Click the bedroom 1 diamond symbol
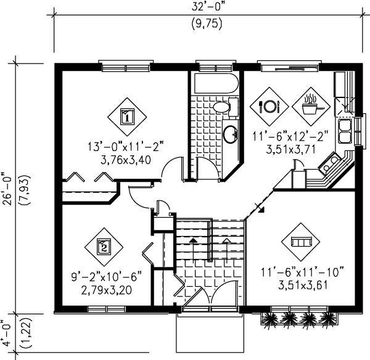(127, 115)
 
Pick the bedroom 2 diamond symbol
(103, 247)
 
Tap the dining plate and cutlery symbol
(270, 106)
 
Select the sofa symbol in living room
(300, 241)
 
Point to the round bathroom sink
(229, 133)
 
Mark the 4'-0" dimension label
(7, 331)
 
